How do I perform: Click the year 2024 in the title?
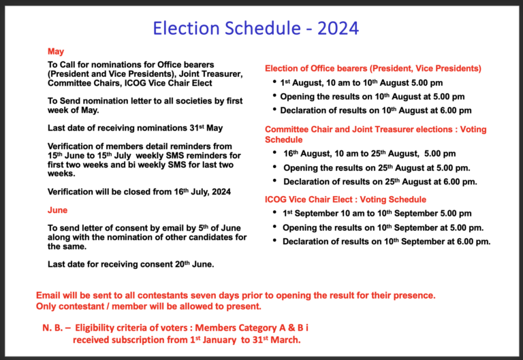[338, 28]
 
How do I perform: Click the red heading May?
[56, 52]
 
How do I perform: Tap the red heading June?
[57, 210]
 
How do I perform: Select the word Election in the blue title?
[186, 28]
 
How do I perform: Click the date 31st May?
[206, 128]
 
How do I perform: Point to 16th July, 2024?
[202, 192]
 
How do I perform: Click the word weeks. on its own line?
[61, 174]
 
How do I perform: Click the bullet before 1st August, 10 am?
[274, 82]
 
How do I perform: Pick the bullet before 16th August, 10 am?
[274, 152]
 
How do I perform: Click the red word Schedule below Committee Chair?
[283, 140]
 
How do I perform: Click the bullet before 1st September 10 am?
[274, 212]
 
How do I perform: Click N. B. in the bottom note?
[52, 328]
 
